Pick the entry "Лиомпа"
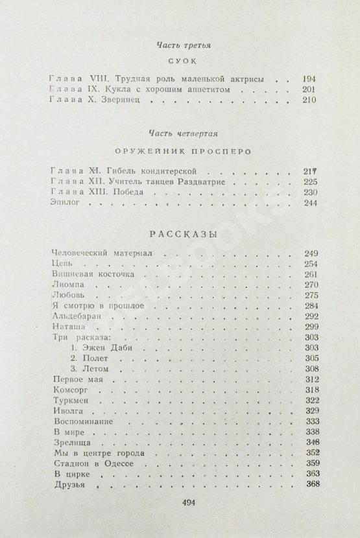click(67, 287)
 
